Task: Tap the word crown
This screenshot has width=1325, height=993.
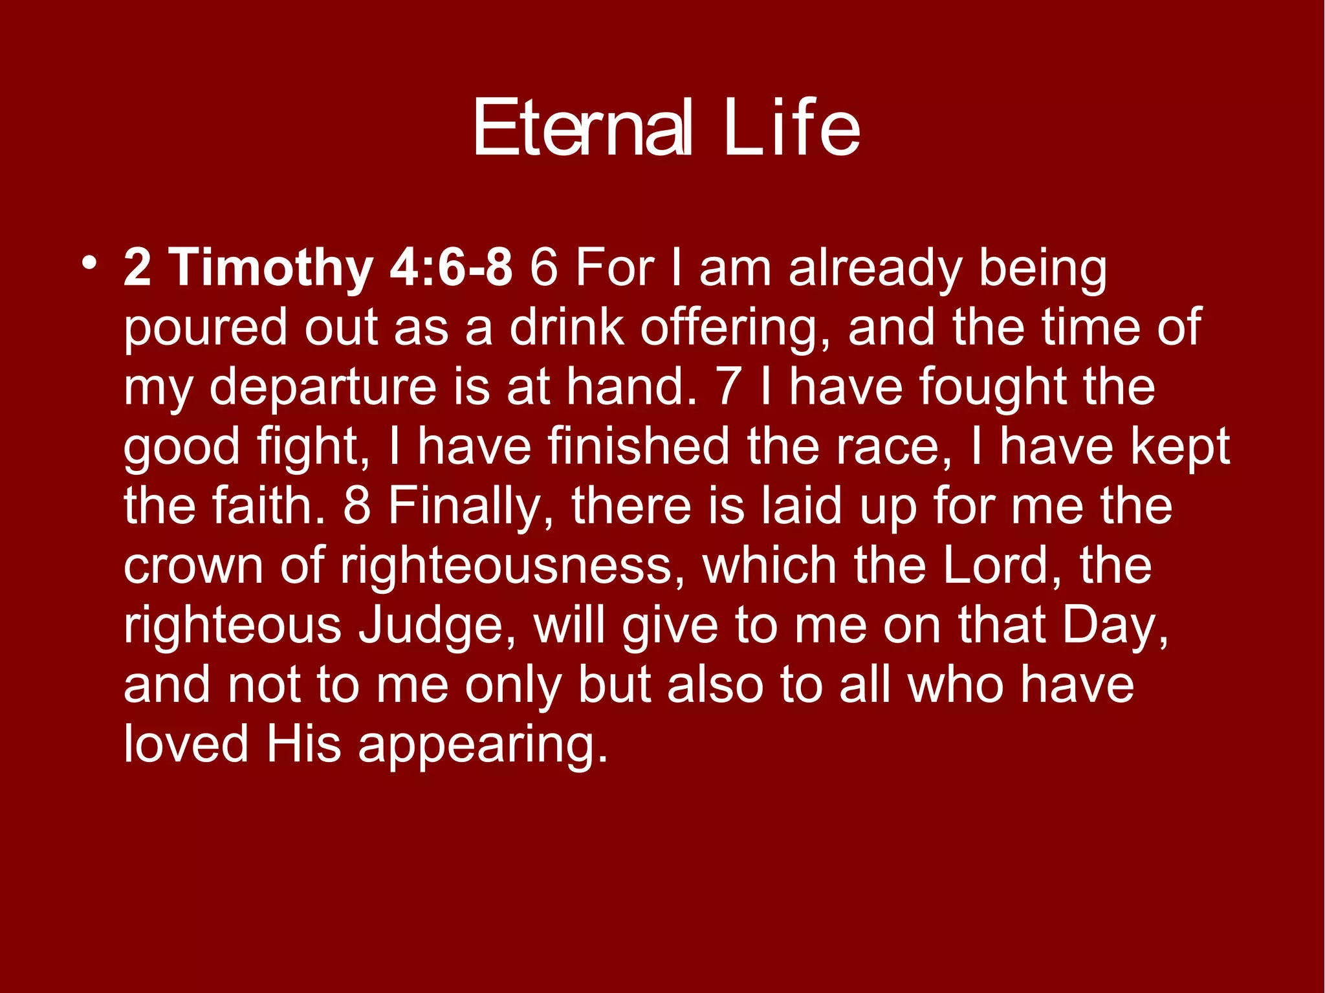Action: pos(193,566)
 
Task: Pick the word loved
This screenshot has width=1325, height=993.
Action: pos(186,743)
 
